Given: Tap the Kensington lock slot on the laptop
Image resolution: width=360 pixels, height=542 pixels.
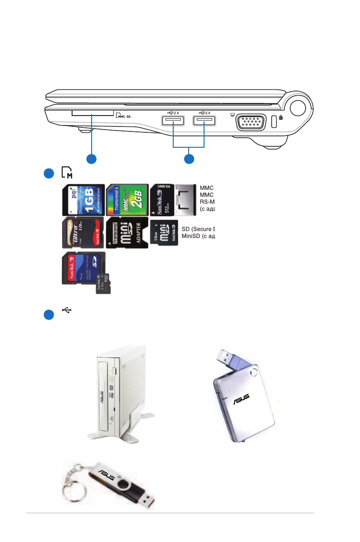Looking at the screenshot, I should tap(273, 121).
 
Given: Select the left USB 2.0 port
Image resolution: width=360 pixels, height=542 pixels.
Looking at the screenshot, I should tap(172, 121).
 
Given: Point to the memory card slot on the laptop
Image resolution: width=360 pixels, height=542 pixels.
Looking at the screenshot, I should tap(92, 111).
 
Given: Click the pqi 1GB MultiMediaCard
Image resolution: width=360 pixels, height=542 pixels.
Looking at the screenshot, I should tap(83, 199).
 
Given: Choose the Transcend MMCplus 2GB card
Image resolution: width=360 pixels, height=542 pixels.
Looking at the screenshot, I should tap(127, 199).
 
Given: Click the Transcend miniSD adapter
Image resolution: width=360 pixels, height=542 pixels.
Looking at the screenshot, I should tap(127, 233).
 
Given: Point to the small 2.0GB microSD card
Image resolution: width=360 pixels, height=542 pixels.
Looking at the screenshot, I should tap(103, 284).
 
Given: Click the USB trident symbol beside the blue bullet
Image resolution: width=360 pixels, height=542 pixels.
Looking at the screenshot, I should tap(67, 310).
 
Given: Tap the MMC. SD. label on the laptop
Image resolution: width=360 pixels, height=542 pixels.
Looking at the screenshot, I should tap(123, 116).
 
